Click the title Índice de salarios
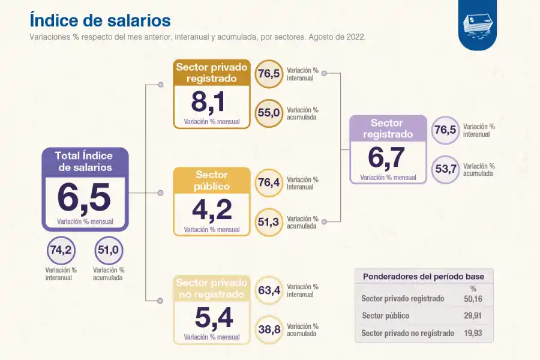pyautogui.click(x=100, y=20)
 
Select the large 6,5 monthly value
pyautogui.click(x=85, y=198)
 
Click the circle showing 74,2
pyautogui.click(x=61, y=250)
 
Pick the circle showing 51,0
pyautogui.click(x=109, y=250)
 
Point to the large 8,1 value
pyautogui.click(x=208, y=102)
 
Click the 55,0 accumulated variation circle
pyautogui.click(x=269, y=113)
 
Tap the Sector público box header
pyautogui.click(x=211, y=180)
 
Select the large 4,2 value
pyautogui.click(x=211, y=210)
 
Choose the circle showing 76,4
pyautogui.click(x=269, y=182)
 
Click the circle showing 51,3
pyautogui.click(x=269, y=222)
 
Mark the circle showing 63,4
pyautogui.click(x=269, y=290)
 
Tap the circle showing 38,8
pyautogui.click(x=269, y=329)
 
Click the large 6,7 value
pyautogui.click(x=387, y=158)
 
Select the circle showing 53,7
pyautogui.click(x=446, y=169)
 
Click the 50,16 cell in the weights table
pyautogui.click(x=473, y=298)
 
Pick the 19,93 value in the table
pyautogui.click(x=473, y=333)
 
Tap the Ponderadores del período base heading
pyautogui.click(x=424, y=277)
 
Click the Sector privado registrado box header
pyautogui.click(x=211, y=73)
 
